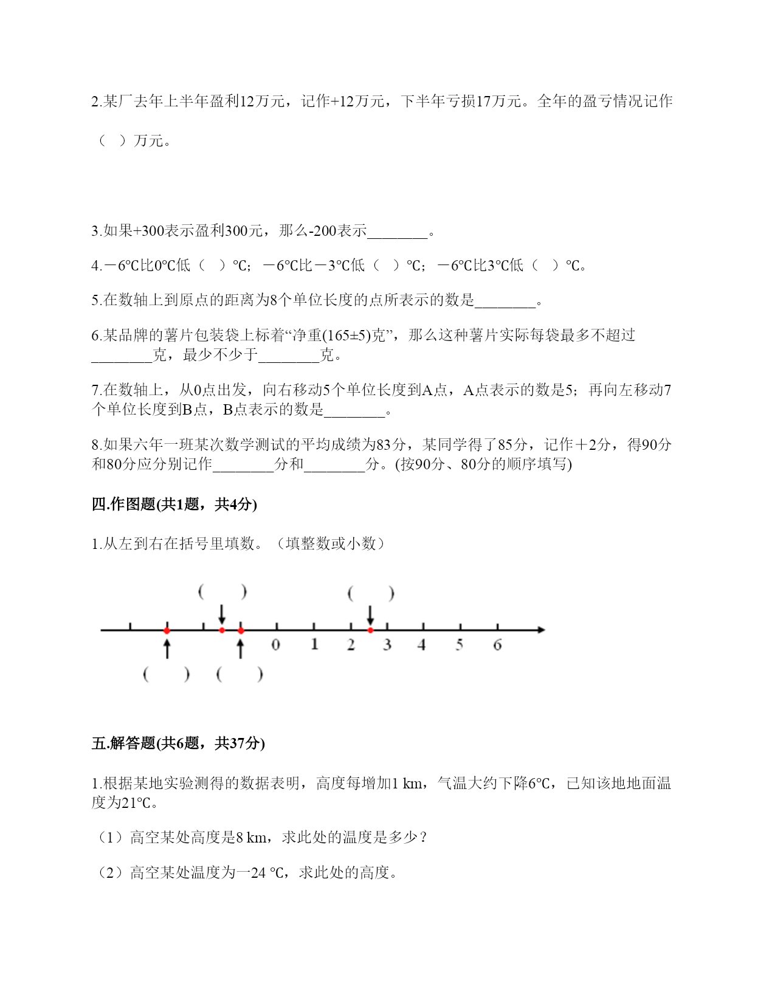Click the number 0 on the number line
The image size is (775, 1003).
coord(276,645)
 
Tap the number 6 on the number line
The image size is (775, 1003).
coord(497,645)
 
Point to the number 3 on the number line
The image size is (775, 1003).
coord(387,645)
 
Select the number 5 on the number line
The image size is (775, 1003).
coord(460,645)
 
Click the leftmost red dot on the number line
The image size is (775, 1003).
coord(167,630)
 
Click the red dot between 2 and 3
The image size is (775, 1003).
coord(370,630)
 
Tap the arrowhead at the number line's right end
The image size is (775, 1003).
coord(540,630)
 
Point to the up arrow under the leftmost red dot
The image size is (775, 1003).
coord(167,648)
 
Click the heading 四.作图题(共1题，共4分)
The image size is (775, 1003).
coord(174,504)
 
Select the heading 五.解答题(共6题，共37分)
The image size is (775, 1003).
coord(178,743)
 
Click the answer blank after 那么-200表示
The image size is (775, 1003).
coord(398,232)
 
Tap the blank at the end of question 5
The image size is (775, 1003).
coord(505,302)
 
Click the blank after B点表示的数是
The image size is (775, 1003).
coord(354,411)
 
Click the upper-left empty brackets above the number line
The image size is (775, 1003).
coord(222,591)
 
